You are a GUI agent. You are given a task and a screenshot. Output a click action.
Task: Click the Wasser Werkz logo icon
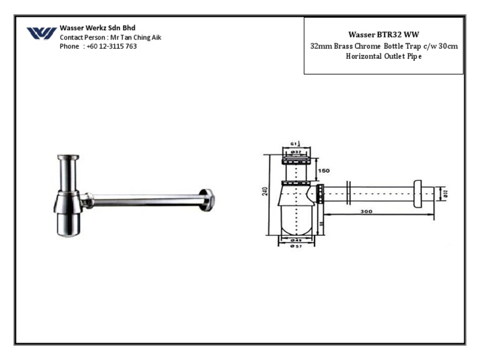click(41, 33)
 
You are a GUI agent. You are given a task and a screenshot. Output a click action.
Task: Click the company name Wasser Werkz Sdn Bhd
click(97, 28)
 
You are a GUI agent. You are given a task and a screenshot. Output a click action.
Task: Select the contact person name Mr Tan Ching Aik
click(136, 37)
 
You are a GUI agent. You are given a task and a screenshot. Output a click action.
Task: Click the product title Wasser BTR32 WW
click(383, 34)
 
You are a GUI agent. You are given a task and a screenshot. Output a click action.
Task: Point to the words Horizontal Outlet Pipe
click(384, 56)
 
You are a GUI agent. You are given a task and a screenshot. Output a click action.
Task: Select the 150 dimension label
click(324, 171)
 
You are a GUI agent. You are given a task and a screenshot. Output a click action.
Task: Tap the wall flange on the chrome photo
click(207, 199)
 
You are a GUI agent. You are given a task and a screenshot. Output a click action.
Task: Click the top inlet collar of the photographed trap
click(67, 159)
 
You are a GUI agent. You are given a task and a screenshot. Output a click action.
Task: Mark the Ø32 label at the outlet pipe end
click(446, 194)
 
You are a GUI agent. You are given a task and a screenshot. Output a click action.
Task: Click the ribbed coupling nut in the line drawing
click(321, 194)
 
